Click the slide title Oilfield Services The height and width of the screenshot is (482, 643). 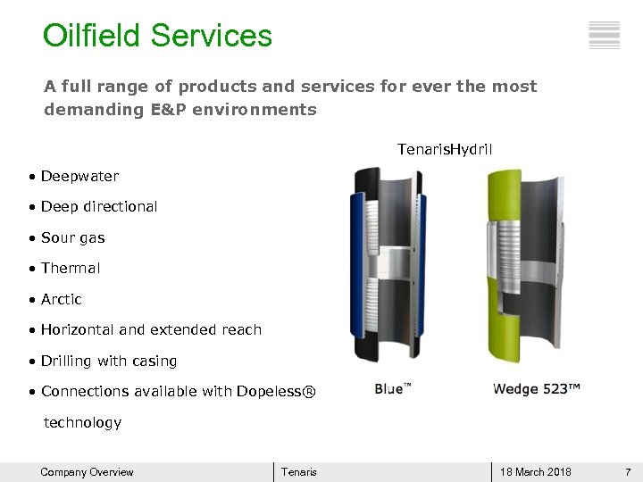157,37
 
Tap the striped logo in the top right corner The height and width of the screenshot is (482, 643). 605,35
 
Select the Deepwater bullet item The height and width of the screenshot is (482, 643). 79,177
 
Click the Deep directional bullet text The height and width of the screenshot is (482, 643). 98,207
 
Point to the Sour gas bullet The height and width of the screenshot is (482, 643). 72,238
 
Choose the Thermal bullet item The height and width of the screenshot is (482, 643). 70,269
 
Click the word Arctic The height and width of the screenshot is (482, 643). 61,299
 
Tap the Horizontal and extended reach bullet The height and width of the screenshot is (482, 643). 150,330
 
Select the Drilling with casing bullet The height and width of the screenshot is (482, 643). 108,361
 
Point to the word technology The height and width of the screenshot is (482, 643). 82,422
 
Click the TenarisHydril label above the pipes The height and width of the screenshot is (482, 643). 445,148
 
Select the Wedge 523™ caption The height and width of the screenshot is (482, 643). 537,389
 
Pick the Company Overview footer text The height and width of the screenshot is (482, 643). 87,472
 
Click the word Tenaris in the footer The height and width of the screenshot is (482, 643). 298,472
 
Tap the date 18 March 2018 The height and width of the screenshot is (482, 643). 536,472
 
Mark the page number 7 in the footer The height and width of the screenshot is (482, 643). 628,472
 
